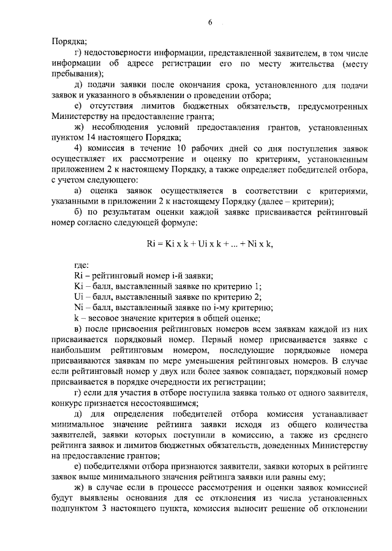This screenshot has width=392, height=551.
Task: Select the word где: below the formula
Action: [80, 265]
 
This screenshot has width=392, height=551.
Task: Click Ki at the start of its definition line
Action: [78, 286]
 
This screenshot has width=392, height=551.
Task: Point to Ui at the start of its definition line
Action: [78, 297]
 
